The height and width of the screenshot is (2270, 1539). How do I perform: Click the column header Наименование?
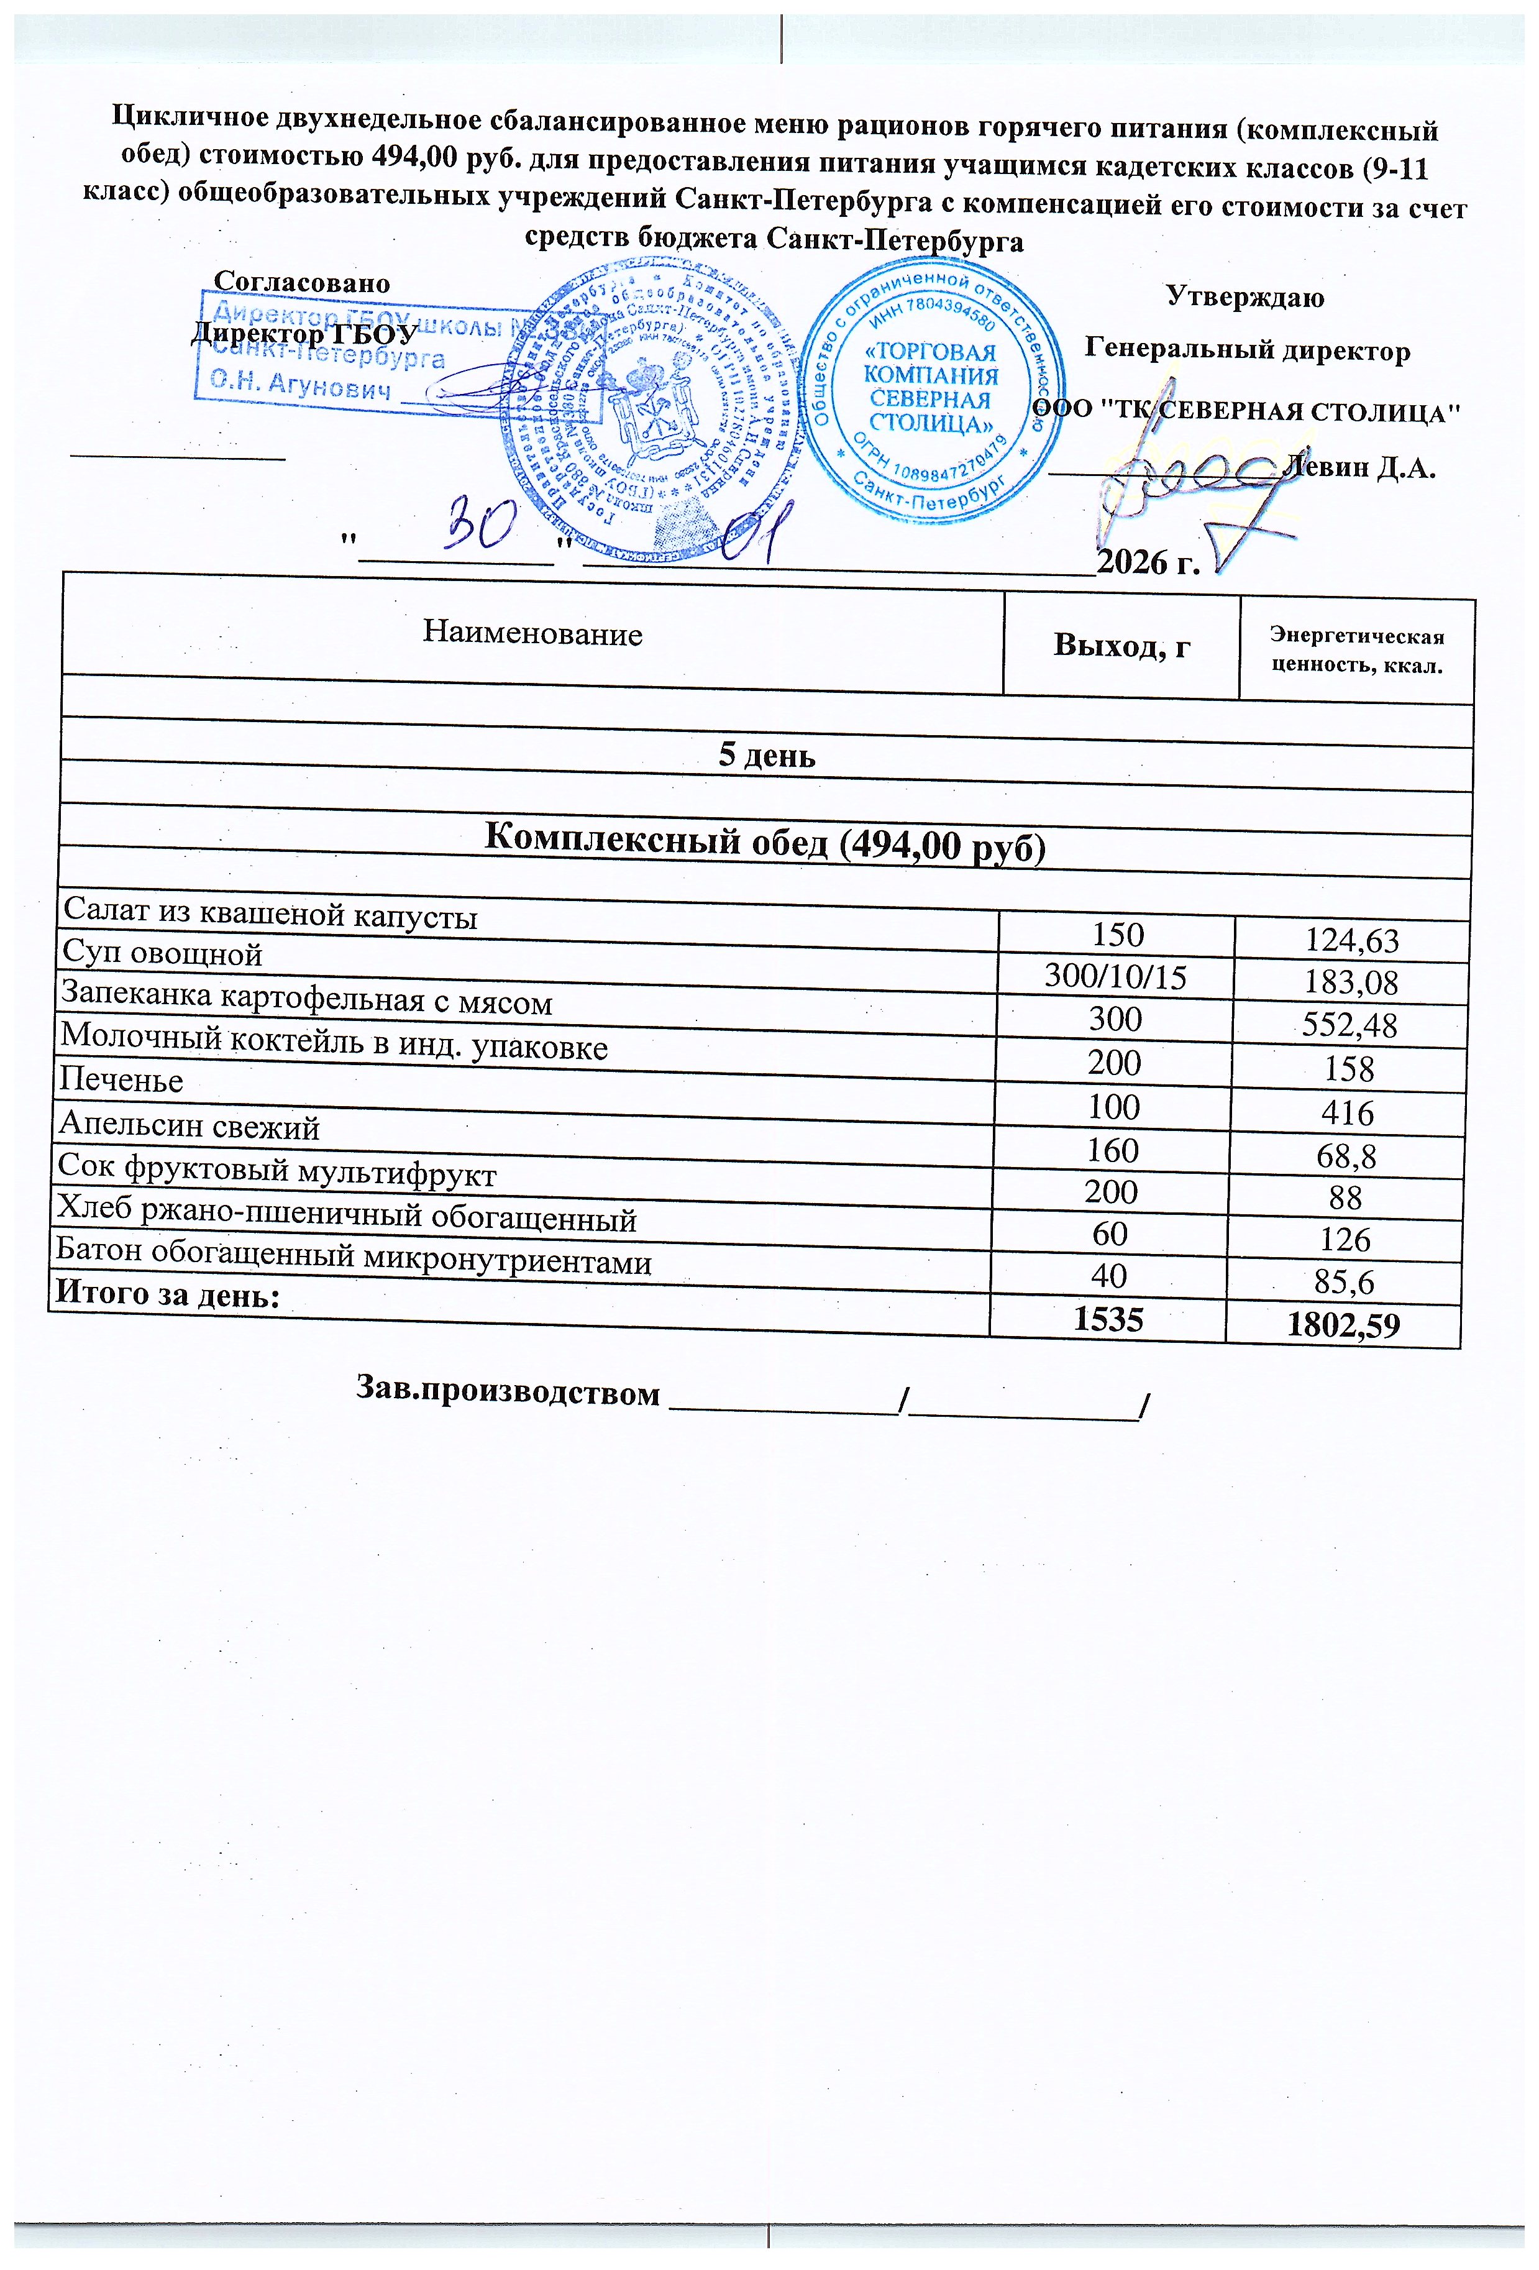coord(532,634)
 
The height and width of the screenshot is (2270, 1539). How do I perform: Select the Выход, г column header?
coord(1121,646)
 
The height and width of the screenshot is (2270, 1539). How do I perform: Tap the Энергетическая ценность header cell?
coord(1356,651)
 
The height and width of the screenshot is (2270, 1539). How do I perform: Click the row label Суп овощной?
coord(162,953)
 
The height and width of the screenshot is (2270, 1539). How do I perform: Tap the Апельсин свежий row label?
coord(190,1126)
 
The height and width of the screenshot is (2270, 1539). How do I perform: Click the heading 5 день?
coord(767,755)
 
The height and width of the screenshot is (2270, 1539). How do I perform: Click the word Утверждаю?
coord(1245,297)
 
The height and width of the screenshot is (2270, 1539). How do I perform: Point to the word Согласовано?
coord(302,283)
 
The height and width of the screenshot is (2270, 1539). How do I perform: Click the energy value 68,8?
coord(1346,1156)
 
